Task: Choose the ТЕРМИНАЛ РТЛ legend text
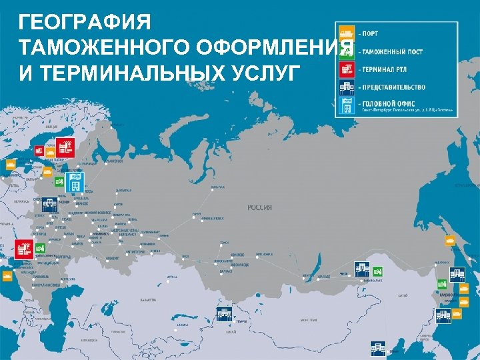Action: pos(385,69)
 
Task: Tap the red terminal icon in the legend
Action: pos(346,69)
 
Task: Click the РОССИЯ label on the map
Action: pos(259,207)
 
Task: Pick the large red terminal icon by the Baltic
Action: pos(65,145)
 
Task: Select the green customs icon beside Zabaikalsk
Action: pos(377,271)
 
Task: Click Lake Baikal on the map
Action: pos(309,273)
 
